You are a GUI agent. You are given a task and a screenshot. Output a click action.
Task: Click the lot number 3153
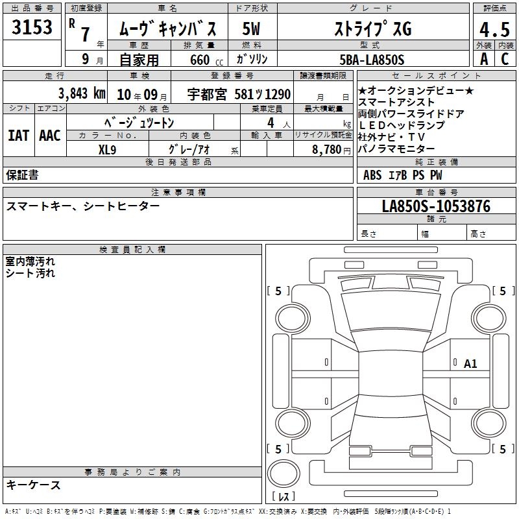[x=32, y=27]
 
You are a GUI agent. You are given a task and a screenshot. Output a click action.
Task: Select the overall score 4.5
[x=494, y=29]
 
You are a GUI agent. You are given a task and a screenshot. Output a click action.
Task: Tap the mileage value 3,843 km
[x=82, y=93]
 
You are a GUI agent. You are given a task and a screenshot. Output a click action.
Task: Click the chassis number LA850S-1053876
[x=436, y=206]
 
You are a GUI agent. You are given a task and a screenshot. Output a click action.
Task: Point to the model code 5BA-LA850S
[x=372, y=60]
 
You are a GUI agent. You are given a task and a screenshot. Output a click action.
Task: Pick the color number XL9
[x=107, y=150]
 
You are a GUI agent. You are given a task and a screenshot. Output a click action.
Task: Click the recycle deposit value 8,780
[x=326, y=150]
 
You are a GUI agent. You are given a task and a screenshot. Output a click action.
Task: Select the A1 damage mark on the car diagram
[x=470, y=364]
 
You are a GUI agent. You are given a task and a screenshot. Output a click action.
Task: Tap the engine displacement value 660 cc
[x=206, y=60]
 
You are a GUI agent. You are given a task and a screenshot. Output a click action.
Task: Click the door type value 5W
[x=251, y=29]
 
